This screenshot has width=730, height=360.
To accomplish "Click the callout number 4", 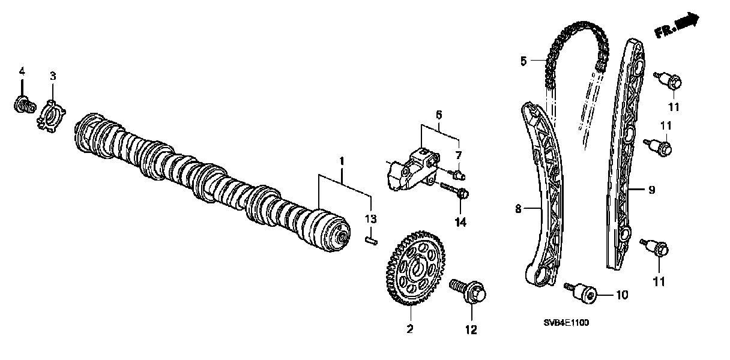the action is (x=22, y=71).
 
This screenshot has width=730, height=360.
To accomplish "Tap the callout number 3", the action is (x=53, y=76).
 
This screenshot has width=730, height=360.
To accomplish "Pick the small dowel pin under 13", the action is (x=372, y=241).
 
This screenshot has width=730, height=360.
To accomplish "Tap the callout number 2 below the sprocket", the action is (x=411, y=328).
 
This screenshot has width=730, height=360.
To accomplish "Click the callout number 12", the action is (x=471, y=329).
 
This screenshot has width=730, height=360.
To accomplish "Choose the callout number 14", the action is (x=460, y=223).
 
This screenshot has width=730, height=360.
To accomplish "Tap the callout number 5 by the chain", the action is (x=523, y=61).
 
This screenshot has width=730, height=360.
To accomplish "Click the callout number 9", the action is (x=651, y=190).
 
